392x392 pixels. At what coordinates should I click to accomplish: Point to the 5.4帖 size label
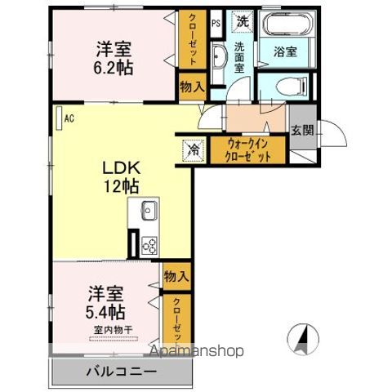(x=106, y=311)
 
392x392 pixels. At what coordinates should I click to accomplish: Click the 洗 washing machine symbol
(x=243, y=20)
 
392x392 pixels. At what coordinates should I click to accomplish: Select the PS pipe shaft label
(x=216, y=23)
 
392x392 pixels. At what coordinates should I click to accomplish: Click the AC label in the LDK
(x=69, y=118)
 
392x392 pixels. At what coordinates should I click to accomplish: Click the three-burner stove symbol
(x=149, y=243)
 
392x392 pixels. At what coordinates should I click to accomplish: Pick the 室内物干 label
(x=113, y=330)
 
